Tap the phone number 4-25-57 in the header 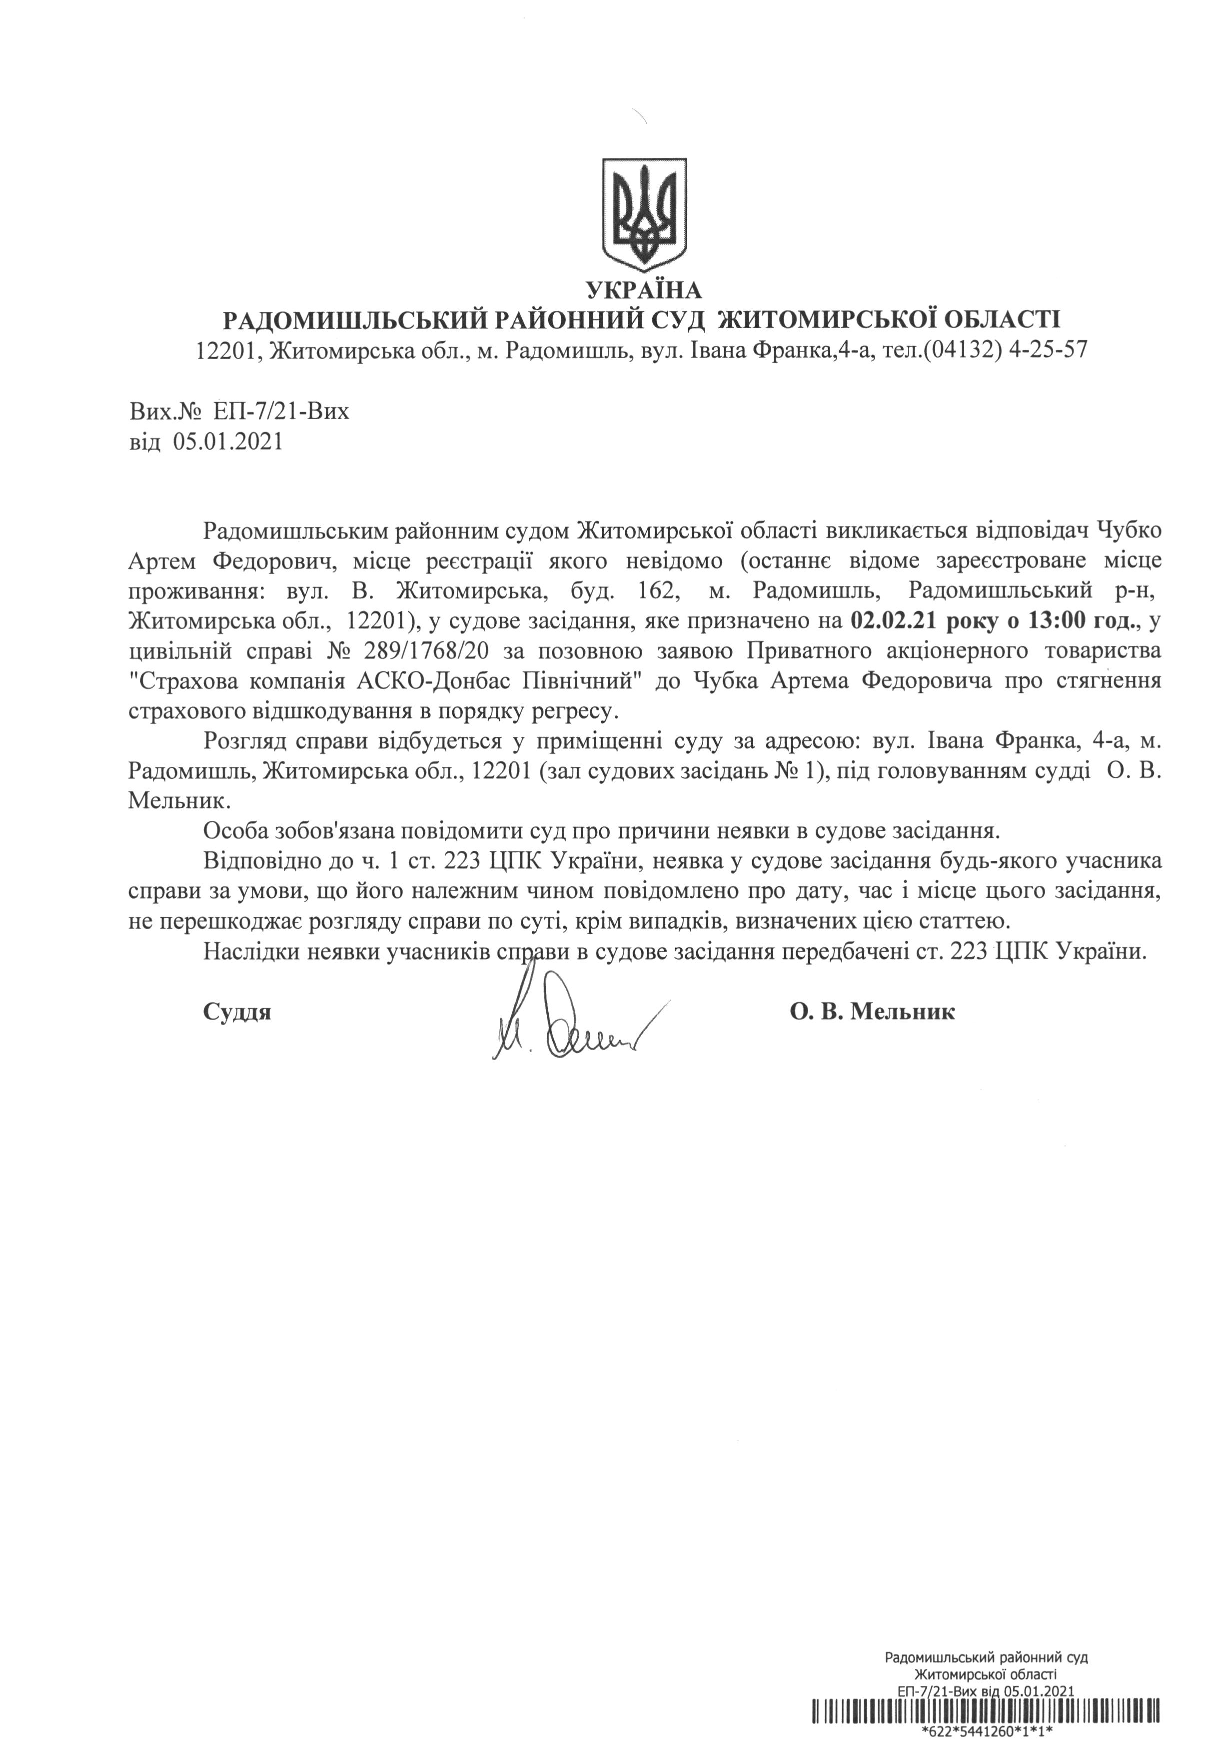pos(1045,351)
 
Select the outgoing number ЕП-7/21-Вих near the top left pos(277,412)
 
